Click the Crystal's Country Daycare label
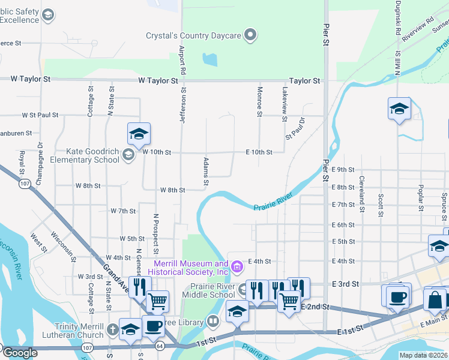[193, 35]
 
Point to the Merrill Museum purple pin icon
[237, 265]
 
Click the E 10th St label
[259, 152]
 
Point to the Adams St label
[206, 170]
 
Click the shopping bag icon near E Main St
[435, 299]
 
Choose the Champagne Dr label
[40, 158]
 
